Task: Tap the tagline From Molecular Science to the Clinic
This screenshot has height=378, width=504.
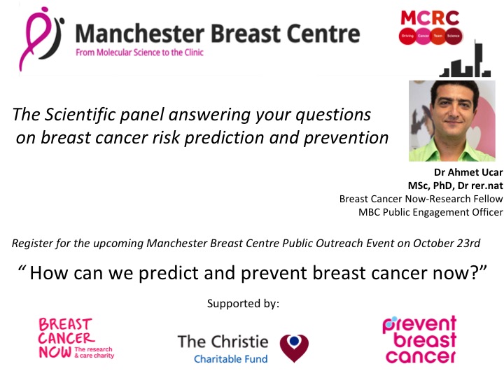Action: coord(139,52)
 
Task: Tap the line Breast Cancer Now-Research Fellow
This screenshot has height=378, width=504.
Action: coord(421,199)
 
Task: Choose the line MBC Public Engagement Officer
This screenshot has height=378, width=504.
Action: coord(430,212)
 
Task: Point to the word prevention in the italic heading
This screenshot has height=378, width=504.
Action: coord(347,137)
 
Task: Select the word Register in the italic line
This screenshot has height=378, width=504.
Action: coord(31,244)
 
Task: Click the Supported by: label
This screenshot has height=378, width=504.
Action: coord(243,303)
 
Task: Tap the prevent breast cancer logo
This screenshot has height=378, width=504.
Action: coord(419,340)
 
